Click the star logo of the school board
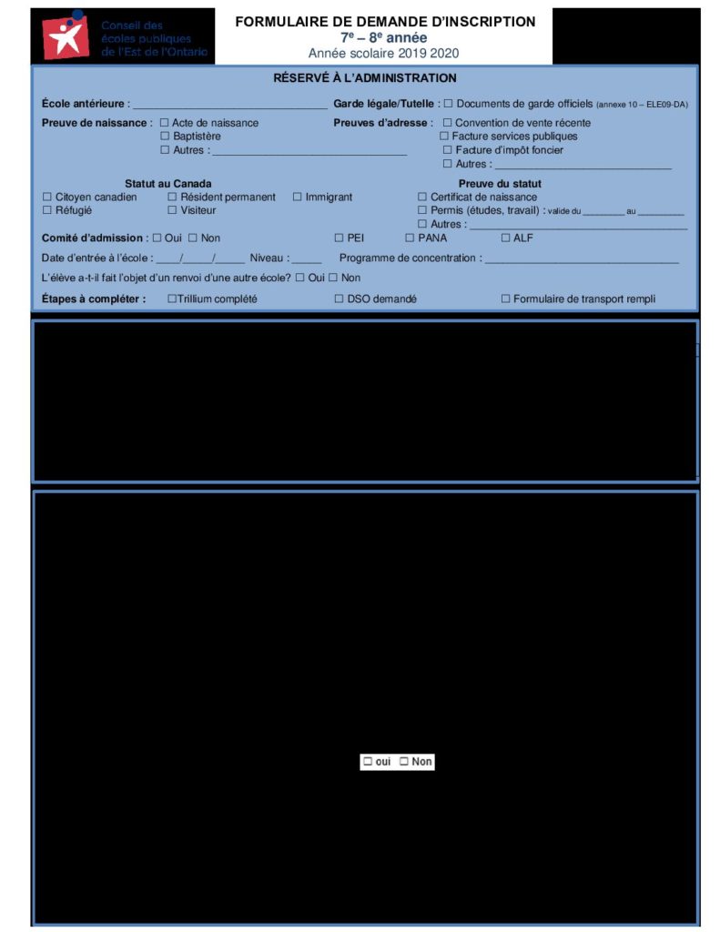66,37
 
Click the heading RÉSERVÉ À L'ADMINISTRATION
365,78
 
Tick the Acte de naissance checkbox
165,123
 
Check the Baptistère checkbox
165,137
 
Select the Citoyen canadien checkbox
47,198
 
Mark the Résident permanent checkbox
172,198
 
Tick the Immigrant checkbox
297,198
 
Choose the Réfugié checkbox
47,210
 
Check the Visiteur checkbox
172,210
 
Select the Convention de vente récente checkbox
447,123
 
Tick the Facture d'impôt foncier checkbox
447,150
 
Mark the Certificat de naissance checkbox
422,198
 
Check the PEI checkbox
339,238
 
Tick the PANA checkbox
410,238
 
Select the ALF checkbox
505,238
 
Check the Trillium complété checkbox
172,299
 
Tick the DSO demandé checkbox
339,299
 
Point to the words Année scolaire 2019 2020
383,54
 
